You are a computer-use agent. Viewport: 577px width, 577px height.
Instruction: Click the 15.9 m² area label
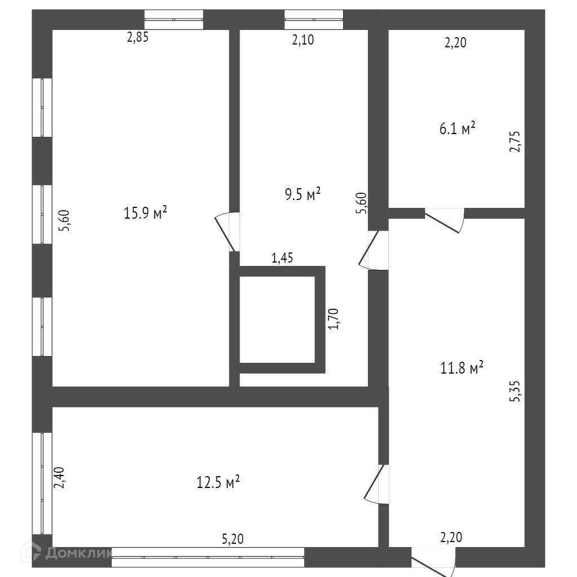pyautogui.click(x=145, y=213)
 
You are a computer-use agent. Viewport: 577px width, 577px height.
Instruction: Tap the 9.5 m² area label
pyautogui.click(x=303, y=194)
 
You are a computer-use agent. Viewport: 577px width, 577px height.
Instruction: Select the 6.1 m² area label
pyautogui.click(x=458, y=128)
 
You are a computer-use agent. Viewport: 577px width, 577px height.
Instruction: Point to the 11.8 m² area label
pyautogui.click(x=461, y=369)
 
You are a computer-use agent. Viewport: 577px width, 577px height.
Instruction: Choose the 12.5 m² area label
pyautogui.click(x=218, y=482)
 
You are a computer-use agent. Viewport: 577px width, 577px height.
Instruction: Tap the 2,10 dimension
pyautogui.click(x=303, y=39)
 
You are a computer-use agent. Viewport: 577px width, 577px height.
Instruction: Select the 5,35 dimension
pyautogui.click(x=515, y=391)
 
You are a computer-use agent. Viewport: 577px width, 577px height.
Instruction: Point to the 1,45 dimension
pyautogui.click(x=282, y=259)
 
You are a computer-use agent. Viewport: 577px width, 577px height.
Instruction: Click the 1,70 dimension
pyautogui.click(x=335, y=318)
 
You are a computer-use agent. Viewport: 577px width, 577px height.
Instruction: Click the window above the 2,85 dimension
pyautogui.click(x=174, y=20)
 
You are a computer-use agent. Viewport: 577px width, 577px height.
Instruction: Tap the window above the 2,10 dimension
pyautogui.click(x=313, y=20)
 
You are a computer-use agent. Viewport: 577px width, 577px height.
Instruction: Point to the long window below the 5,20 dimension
pyautogui.click(x=208, y=557)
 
